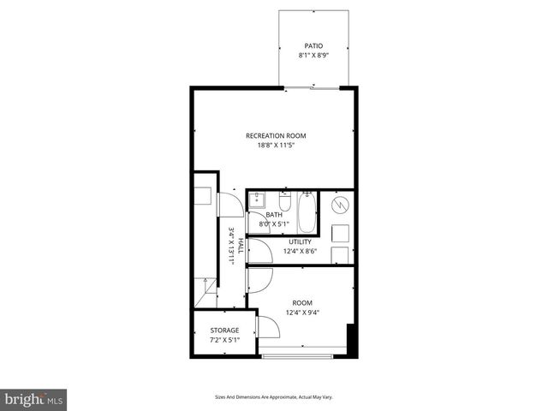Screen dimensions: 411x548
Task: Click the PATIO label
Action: (314, 45)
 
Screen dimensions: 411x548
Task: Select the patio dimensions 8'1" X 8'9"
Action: (314, 56)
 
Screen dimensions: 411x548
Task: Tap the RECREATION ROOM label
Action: (275, 135)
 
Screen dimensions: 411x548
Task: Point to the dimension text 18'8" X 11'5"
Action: (275, 146)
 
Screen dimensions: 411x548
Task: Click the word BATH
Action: (274, 215)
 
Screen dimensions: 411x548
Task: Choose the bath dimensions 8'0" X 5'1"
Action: (274, 224)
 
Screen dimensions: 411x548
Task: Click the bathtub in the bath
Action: (307, 212)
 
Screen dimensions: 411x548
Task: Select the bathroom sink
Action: (257, 201)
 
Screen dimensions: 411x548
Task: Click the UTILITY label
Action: (300, 242)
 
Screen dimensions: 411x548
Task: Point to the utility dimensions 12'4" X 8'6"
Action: (300, 252)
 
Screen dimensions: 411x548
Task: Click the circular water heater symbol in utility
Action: (340, 205)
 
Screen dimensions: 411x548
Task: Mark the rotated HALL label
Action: (241, 246)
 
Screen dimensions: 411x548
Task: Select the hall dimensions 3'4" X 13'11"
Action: (231, 246)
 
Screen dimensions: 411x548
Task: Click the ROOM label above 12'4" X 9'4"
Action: (302, 303)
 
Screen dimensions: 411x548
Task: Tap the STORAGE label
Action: (224, 331)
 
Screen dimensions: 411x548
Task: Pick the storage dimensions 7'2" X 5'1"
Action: (224, 340)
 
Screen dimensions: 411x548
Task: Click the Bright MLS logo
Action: (34, 399)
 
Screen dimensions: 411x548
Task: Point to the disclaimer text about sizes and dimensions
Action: (273, 397)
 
